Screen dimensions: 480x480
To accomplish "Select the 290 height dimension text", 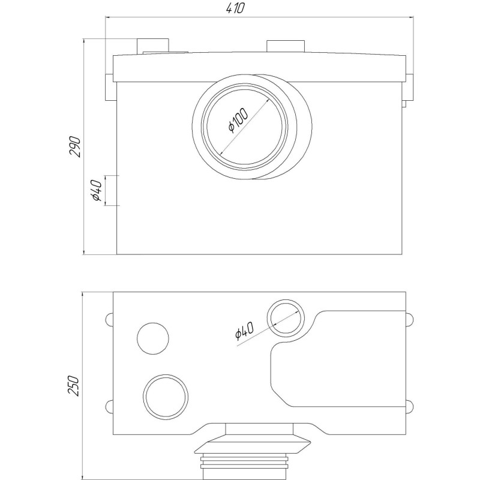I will point(75,146).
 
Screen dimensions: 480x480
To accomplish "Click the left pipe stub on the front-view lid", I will point(153,47).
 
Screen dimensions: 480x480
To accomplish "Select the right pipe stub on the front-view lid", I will point(286,47).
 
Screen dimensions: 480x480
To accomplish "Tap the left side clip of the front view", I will point(109,88).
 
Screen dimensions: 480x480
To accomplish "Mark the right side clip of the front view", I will point(409,88).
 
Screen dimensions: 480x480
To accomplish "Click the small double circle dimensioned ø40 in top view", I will point(285,319).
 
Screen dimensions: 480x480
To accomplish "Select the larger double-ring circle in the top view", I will point(165,395).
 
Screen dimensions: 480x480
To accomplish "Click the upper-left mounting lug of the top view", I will point(109,319).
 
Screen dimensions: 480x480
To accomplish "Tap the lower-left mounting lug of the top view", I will point(109,406).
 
